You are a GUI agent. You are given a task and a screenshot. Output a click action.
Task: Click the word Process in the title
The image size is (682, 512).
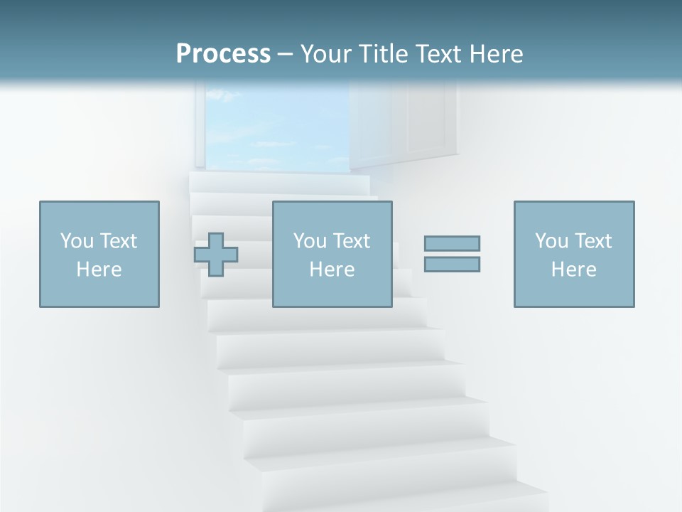(223, 53)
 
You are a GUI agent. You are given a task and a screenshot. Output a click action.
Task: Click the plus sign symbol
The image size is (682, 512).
(216, 255)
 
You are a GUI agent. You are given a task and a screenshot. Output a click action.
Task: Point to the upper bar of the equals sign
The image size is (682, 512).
(452, 243)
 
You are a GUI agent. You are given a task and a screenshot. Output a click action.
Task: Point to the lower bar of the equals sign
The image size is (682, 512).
(452, 264)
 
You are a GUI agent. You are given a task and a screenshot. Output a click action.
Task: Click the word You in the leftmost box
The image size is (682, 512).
(77, 240)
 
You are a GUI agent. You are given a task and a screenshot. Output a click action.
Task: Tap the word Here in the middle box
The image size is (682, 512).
(332, 270)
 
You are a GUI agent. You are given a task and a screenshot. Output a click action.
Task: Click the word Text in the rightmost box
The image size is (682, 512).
(593, 240)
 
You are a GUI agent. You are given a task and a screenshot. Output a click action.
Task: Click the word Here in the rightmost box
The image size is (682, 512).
(573, 270)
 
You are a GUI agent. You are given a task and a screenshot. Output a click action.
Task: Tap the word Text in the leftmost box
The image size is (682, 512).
(119, 240)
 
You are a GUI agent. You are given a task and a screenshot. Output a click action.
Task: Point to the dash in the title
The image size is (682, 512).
(285, 55)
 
